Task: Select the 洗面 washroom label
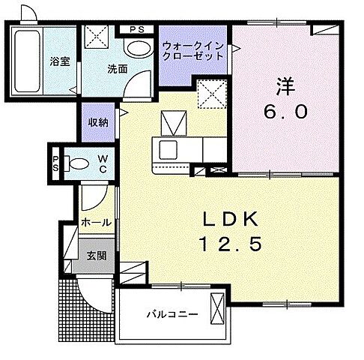click(x=116, y=69)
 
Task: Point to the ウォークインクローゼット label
click(x=192, y=50)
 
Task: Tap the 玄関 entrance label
click(x=96, y=256)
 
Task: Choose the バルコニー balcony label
click(x=172, y=314)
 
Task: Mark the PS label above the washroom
click(x=137, y=29)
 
